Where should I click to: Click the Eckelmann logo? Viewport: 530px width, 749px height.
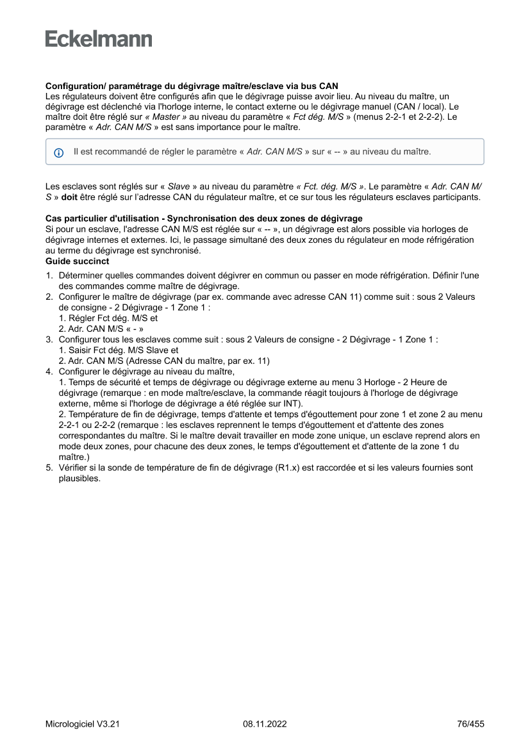(99, 39)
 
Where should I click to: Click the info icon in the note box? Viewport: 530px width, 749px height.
(59, 152)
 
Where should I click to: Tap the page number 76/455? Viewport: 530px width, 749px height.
(470, 724)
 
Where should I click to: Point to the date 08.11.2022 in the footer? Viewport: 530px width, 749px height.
(265, 724)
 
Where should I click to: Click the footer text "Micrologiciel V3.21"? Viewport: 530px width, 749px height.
(83, 724)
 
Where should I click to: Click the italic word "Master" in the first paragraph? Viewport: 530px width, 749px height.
(166, 118)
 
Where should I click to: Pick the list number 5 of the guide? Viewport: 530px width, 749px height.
(49, 468)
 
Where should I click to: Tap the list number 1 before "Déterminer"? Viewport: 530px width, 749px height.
(49, 276)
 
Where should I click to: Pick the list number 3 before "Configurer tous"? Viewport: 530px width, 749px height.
(49, 340)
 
